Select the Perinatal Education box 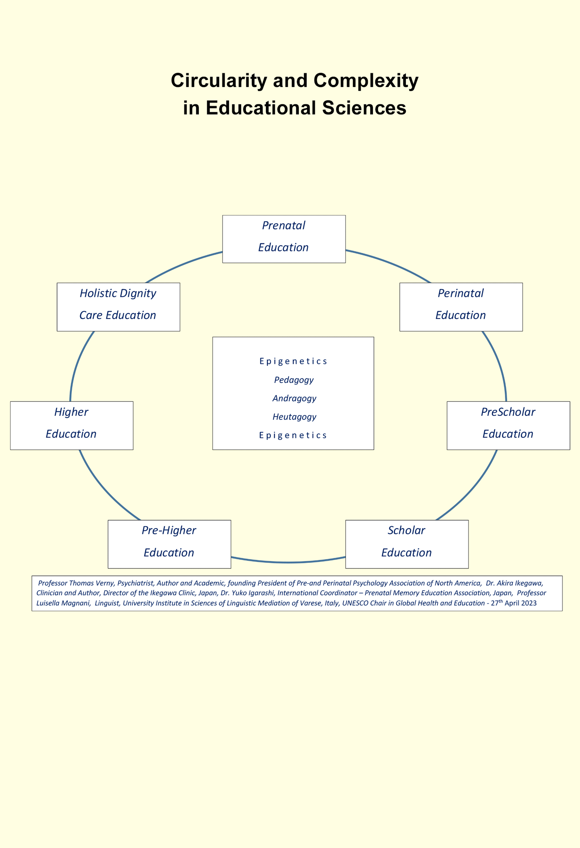click(461, 307)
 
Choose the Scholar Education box click(407, 544)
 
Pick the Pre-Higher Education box click(169, 544)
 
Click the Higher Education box click(71, 425)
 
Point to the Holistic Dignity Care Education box click(118, 307)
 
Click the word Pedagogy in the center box click(294, 380)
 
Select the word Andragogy click(294, 398)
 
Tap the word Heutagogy click(294, 417)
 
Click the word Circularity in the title click(219, 81)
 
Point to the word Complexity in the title click(366, 81)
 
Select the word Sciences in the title click(364, 108)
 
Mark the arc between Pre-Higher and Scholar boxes click(288, 562)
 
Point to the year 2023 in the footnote click(529, 603)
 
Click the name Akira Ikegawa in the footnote click(520, 583)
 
